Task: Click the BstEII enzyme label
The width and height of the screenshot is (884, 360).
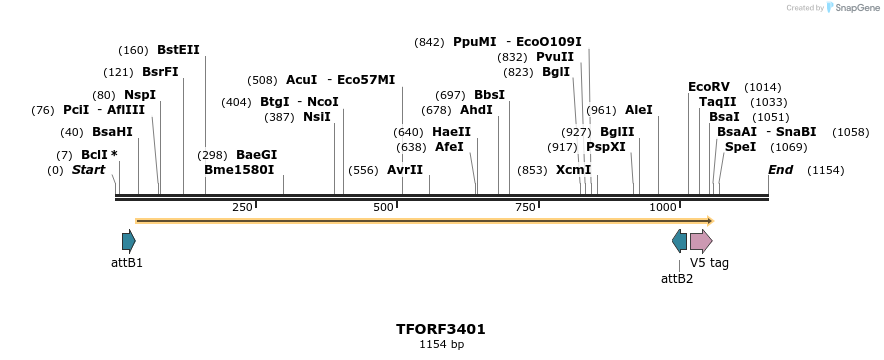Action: (178, 50)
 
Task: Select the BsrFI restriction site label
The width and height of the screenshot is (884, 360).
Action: (160, 72)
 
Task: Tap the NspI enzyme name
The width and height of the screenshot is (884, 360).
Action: (139, 95)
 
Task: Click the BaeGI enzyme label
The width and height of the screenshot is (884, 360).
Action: (256, 155)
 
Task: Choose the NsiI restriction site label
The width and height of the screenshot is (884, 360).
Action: (316, 117)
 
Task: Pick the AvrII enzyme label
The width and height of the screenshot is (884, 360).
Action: (405, 170)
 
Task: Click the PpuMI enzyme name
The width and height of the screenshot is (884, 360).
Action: (474, 42)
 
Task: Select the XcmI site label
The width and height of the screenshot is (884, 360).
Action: (573, 170)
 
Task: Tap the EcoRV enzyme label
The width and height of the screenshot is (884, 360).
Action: (709, 87)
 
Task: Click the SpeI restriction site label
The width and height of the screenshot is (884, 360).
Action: (740, 147)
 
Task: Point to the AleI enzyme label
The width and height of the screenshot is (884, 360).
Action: (638, 110)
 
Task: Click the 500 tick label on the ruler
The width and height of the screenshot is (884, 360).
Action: (384, 207)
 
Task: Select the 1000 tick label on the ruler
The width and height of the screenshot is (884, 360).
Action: (664, 207)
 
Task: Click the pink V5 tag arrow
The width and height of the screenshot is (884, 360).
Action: (701, 240)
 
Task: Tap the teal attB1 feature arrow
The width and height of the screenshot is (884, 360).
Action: (128, 240)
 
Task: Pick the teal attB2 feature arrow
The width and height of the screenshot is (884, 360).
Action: (679, 240)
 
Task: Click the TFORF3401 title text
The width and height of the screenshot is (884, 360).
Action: (441, 328)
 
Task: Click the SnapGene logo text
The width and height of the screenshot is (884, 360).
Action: (852, 8)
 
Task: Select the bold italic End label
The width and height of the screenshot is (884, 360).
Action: (780, 170)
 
